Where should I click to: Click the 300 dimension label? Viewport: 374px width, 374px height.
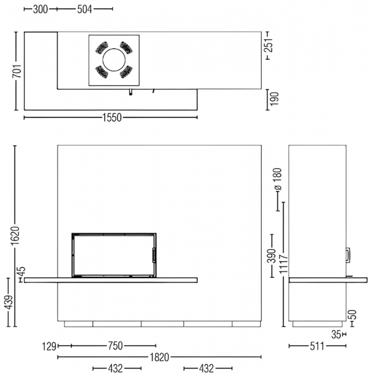point(40,9)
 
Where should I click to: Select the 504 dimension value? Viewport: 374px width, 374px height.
point(85,9)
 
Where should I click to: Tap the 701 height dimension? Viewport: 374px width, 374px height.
point(17,71)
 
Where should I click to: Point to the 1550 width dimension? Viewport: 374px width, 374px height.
point(112,117)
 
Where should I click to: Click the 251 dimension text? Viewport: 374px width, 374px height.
point(269,45)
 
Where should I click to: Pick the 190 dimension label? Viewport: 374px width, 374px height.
point(274,99)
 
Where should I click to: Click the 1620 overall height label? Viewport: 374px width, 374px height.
point(15,235)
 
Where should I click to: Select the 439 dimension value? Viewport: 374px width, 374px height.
point(9,302)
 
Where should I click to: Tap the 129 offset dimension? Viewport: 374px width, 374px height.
point(49,346)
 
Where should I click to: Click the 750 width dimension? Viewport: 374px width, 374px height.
point(116,346)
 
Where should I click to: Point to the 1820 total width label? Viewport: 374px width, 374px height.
point(159,357)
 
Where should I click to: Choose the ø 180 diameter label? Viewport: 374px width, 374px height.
point(278,179)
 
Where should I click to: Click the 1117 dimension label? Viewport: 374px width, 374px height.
point(283,264)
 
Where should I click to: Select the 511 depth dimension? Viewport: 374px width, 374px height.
point(317,346)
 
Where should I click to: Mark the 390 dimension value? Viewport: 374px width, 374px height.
point(271,255)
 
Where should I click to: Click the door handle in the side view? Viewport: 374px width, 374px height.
point(349,255)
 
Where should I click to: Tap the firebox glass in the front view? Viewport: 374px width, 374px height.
point(113,255)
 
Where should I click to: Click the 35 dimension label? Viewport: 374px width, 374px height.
point(336,335)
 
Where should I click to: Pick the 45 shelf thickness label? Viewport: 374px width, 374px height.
point(21,271)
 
